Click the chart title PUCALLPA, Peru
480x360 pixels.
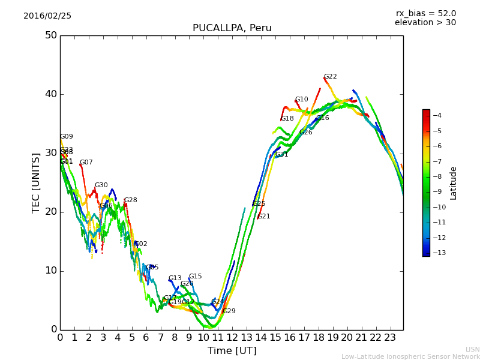(232, 28)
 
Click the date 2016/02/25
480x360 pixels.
(47, 16)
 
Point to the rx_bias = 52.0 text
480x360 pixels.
(425, 14)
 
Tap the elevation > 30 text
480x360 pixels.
(425, 23)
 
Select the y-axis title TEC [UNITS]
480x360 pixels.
(36, 182)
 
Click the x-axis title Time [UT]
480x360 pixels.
(232, 351)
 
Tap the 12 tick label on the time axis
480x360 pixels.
(232, 337)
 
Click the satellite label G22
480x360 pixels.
(330, 77)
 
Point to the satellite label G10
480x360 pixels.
(301, 100)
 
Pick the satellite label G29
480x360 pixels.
(229, 311)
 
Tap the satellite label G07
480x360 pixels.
(86, 163)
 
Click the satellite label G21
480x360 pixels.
(263, 217)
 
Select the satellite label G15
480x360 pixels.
(195, 277)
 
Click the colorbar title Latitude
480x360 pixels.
(454, 183)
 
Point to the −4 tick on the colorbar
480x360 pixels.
(437, 115)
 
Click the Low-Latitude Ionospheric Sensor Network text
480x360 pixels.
(410, 356)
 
